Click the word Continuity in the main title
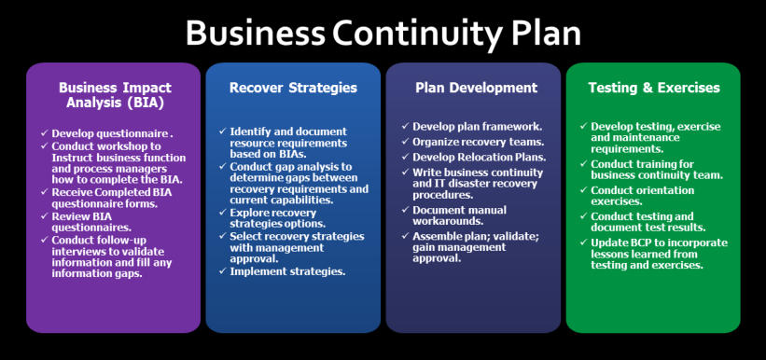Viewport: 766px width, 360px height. [417, 34]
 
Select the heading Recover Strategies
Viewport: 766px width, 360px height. [293, 88]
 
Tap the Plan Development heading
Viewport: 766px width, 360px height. [477, 88]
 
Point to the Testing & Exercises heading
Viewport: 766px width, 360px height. [654, 88]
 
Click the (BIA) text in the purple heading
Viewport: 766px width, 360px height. [140, 104]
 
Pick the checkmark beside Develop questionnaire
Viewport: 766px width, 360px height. [45, 132]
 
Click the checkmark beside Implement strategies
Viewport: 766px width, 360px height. [223, 270]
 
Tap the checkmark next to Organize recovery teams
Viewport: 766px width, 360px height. [406, 142]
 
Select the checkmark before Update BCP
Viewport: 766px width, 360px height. [584, 242]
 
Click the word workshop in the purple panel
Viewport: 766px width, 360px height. [117, 146]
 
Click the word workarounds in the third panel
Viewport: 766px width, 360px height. [441, 221]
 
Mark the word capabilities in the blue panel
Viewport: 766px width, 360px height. [292, 201]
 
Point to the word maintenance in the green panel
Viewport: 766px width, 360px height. [646, 137]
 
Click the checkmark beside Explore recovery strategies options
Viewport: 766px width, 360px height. [223, 213]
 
